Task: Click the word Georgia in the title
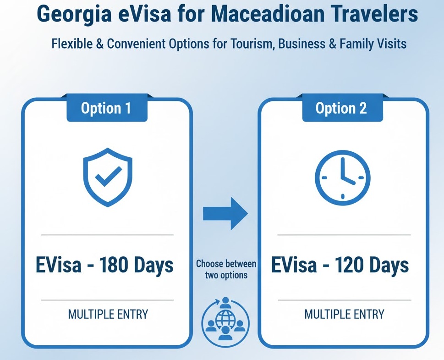click(x=74, y=15)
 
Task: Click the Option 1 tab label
click(x=106, y=108)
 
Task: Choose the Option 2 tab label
click(x=341, y=108)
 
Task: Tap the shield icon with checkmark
click(x=108, y=177)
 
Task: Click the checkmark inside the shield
click(x=108, y=176)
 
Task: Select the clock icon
click(x=343, y=177)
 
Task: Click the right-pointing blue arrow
click(x=225, y=213)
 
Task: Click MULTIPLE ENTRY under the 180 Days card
click(x=108, y=314)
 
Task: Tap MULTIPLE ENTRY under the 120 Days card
click(x=344, y=314)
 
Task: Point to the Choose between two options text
click(x=226, y=269)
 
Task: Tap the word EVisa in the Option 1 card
click(x=59, y=265)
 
